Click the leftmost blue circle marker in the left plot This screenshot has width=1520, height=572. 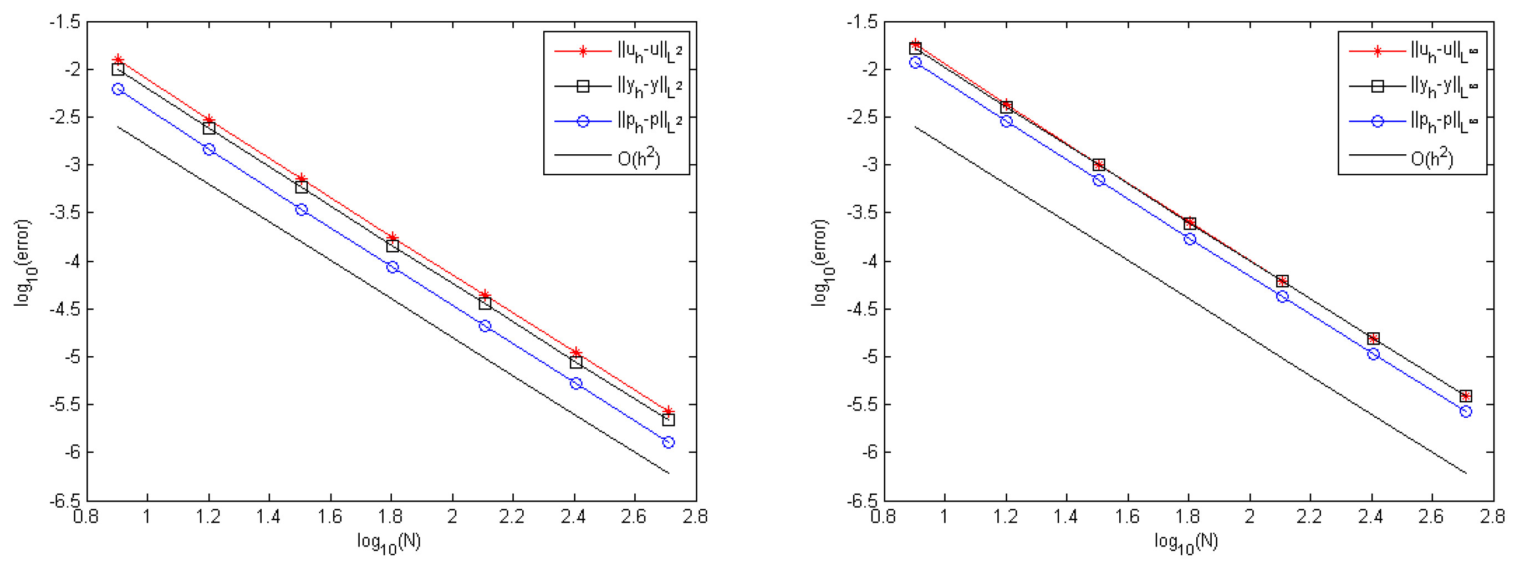tap(118, 89)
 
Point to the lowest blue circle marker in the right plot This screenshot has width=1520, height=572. tap(1466, 412)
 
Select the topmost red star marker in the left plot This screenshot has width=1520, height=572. tap(118, 59)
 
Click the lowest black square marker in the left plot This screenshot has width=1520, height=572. tap(668, 419)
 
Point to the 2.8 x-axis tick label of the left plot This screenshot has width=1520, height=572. tap(695, 517)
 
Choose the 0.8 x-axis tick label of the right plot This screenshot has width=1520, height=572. tap(883, 517)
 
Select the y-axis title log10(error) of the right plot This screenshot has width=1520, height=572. tap(821, 262)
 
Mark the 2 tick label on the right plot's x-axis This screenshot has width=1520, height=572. tap(1249, 517)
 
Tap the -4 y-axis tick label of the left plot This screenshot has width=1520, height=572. tap(69, 261)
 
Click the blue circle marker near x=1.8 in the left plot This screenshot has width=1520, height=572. tap(392, 267)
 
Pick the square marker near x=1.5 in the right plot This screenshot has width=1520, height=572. tap(1098, 165)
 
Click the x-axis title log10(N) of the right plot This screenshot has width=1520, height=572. tap(1187, 542)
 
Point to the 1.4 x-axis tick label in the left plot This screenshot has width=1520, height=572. tap(268, 517)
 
